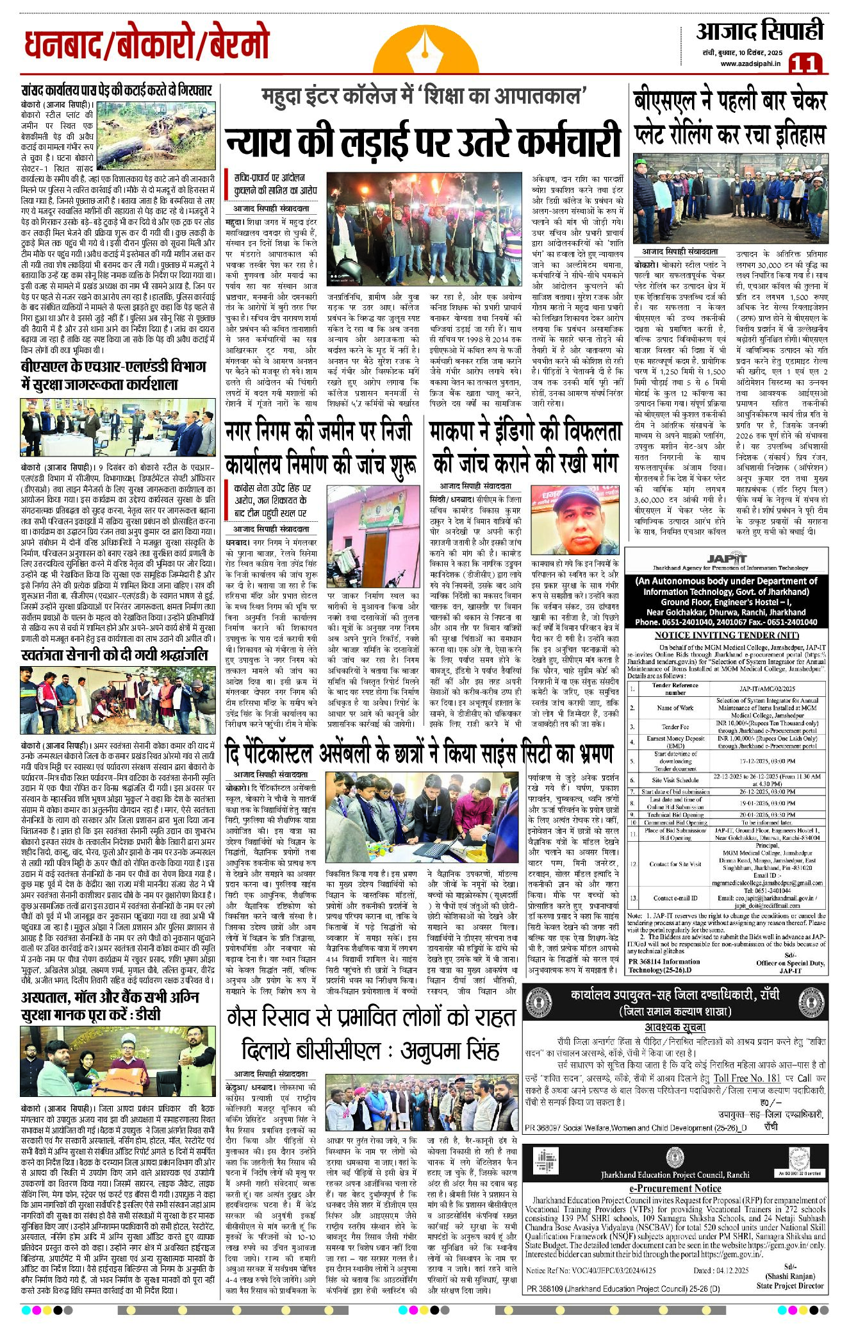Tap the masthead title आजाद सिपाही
759,31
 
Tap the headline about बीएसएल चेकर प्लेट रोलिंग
729,118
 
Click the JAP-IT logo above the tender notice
725,558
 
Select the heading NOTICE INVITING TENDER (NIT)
727,635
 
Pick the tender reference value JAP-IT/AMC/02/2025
767,688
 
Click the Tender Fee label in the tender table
675,726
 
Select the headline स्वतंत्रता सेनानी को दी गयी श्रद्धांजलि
114,655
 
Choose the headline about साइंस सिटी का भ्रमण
419,753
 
